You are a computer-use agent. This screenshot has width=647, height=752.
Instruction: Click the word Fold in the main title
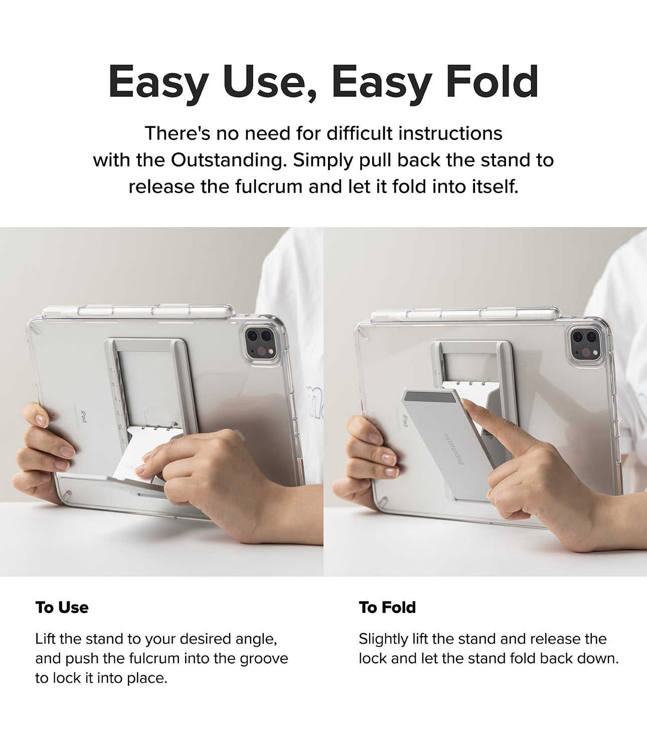tap(492, 82)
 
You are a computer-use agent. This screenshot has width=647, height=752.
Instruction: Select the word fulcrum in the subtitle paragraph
tap(268, 186)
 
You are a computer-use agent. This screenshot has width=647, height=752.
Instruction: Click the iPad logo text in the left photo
tap(84, 417)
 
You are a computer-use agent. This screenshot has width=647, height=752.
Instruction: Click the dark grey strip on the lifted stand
tap(430, 397)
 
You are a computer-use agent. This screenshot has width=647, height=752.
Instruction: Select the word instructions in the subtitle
tap(450, 133)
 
